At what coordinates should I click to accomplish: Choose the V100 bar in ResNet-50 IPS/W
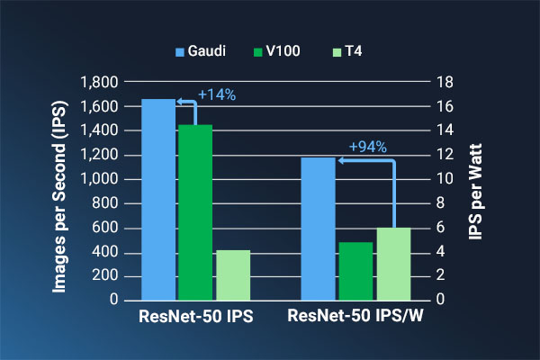click(355, 270)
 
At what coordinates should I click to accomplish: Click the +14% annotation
click(217, 94)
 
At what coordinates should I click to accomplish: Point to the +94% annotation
click(367, 147)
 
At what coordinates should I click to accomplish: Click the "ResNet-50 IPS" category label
click(196, 317)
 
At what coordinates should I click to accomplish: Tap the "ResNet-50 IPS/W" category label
click(355, 317)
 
